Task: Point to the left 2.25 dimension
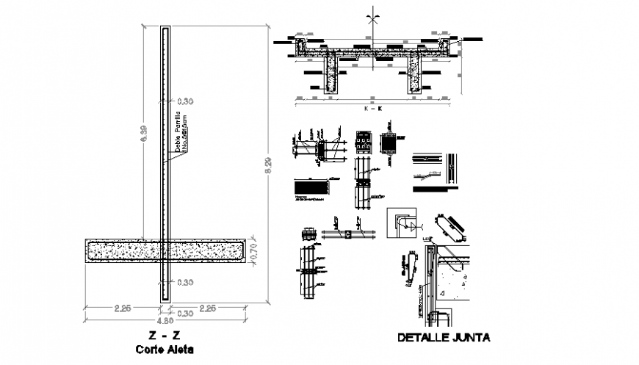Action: point(122,308)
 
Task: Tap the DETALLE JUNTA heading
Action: point(443,338)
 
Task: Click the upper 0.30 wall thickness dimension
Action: point(185,101)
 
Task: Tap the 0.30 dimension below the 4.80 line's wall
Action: point(185,314)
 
